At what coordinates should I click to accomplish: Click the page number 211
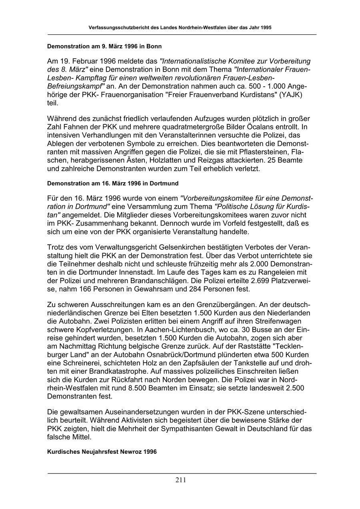click(180, 480)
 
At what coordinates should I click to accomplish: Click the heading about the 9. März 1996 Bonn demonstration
click(104, 46)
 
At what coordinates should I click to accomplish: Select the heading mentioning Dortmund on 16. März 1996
click(113, 183)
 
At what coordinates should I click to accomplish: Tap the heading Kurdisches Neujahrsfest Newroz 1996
click(102, 451)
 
